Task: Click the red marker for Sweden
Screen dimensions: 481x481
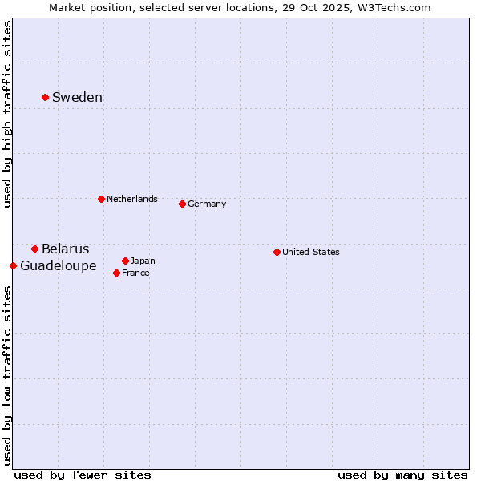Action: click(45, 98)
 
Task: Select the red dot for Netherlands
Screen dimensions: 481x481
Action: click(101, 199)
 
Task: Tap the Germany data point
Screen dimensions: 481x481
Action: click(182, 204)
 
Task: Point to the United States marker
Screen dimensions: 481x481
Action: click(277, 252)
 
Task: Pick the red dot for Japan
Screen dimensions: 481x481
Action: click(125, 261)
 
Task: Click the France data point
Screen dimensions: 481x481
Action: click(116, 273)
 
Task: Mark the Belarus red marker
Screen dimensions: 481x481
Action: click(34, 249)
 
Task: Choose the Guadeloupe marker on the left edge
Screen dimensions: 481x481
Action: click(13, 265)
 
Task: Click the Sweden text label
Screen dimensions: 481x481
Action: click(77, 98)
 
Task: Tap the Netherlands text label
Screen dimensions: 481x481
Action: click(131, 199)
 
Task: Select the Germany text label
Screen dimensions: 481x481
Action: click(207, 204)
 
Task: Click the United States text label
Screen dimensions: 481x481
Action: click(310, 252)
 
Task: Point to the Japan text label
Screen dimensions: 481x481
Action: click(143, 261)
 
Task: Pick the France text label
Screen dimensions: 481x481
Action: click(135, 273)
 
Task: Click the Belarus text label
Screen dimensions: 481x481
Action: click(65, 249)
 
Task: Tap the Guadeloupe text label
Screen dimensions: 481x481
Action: click(58, 265)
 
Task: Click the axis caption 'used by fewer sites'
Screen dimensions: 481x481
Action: click(83, 475)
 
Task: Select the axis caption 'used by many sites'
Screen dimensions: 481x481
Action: click(402, 475)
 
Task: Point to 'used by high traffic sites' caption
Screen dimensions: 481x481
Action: click(7, 114)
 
